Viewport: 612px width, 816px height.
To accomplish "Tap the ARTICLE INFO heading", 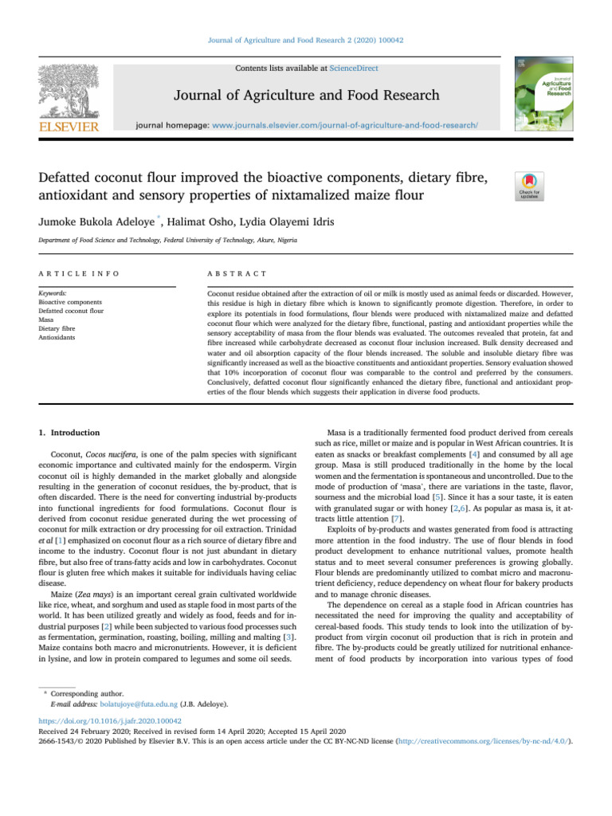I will tap(79, 273).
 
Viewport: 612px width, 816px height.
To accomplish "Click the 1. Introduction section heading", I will tap(70, 432).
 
